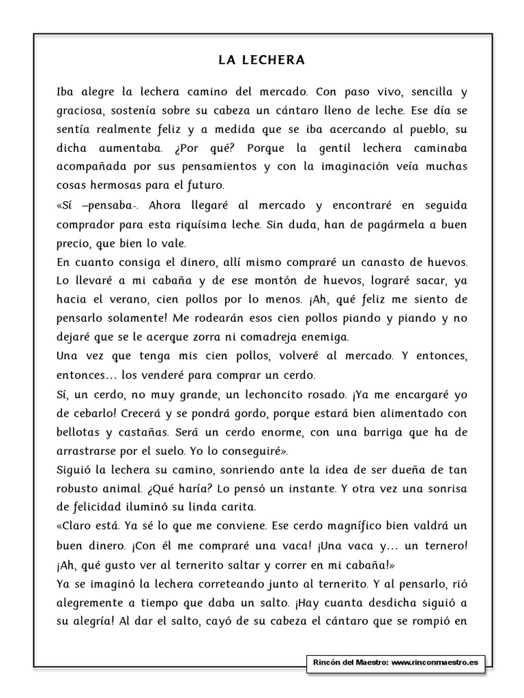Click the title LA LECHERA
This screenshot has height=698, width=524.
(x=261, y=61)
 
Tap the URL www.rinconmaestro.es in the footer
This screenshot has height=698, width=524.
(x=436, y=662)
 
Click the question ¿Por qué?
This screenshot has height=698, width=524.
(x=216, y=148)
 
